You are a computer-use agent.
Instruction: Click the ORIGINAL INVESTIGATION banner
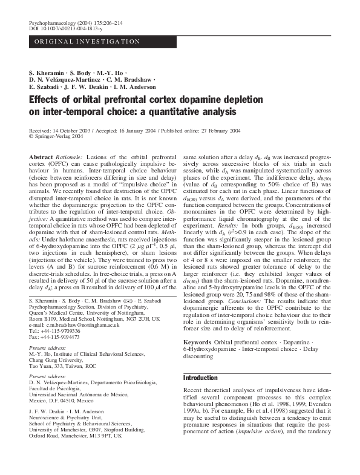tap(87, 42)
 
